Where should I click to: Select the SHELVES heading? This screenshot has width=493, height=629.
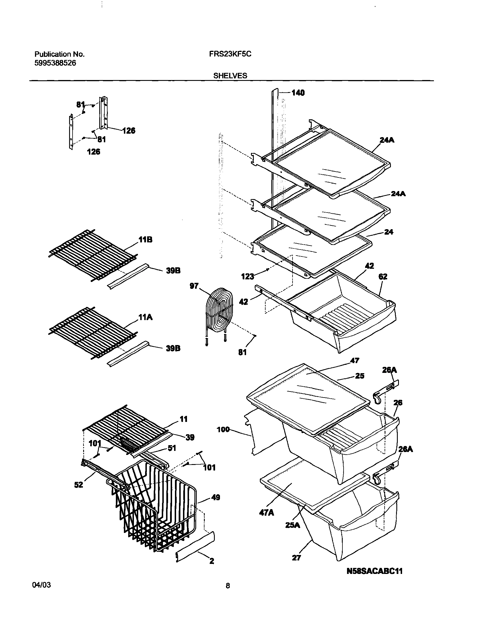[x=230, y=76]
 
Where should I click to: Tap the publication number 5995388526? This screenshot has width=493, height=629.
[x=55, y=63]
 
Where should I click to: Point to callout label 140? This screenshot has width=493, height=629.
[x=298, y=93]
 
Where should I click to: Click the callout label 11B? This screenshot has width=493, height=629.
[x=145, y=239]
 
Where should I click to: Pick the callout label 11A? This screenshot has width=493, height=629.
[x=145, y=318]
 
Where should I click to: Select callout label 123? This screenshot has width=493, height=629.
[x=248, y=277]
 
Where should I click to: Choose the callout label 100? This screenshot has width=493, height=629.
[x=223, y=430]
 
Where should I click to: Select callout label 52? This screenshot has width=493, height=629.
[x=79, y=485]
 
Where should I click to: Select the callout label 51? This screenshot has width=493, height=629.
[x=172, y=448]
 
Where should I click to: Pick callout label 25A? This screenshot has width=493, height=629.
[x=293, y=525]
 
